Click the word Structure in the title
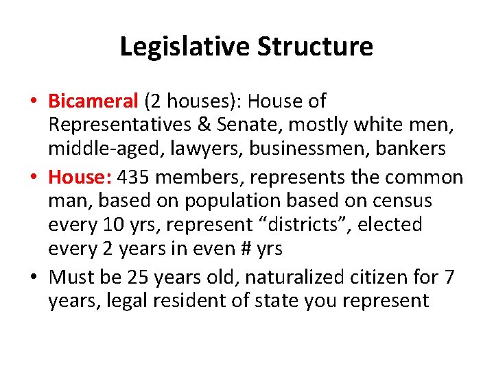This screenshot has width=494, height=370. (x=316, y=47)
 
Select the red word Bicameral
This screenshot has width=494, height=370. (x=93, y=101)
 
